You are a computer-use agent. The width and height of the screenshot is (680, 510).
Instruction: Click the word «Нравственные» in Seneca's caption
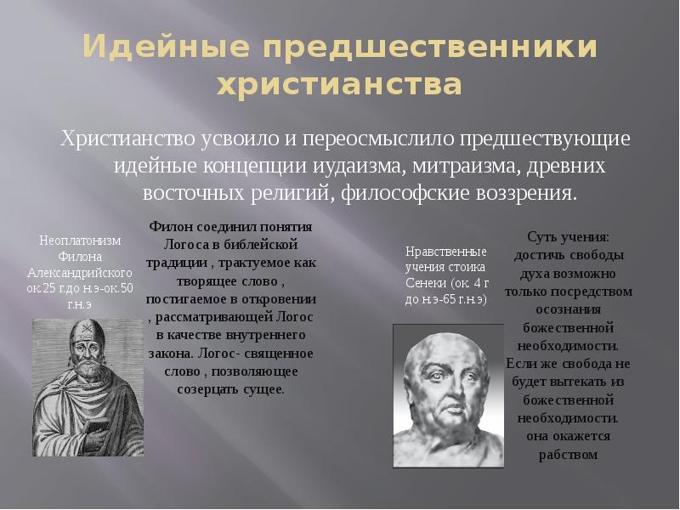click(x=445, y=252)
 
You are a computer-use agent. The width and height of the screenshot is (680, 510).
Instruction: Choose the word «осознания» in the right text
click(x=569, y=309)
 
